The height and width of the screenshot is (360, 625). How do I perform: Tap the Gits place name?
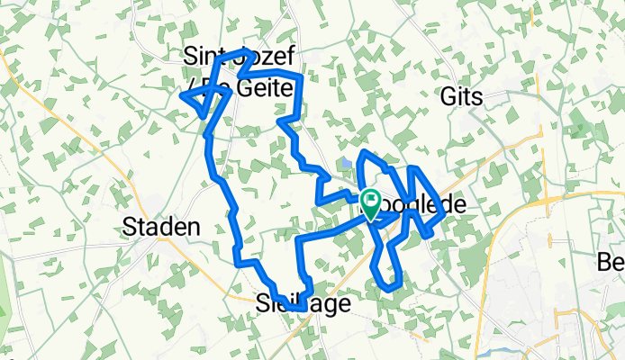coord(463,97)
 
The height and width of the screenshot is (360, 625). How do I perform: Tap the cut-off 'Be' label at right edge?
coord(611,262)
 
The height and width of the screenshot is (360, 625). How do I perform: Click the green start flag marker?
coord(370,200)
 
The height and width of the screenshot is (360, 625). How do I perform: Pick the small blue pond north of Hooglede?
coord(346,163)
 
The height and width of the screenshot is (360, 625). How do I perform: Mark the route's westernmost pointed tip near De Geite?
coord(184,94)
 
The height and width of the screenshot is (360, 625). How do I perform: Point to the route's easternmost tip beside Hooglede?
coord(441,204)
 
